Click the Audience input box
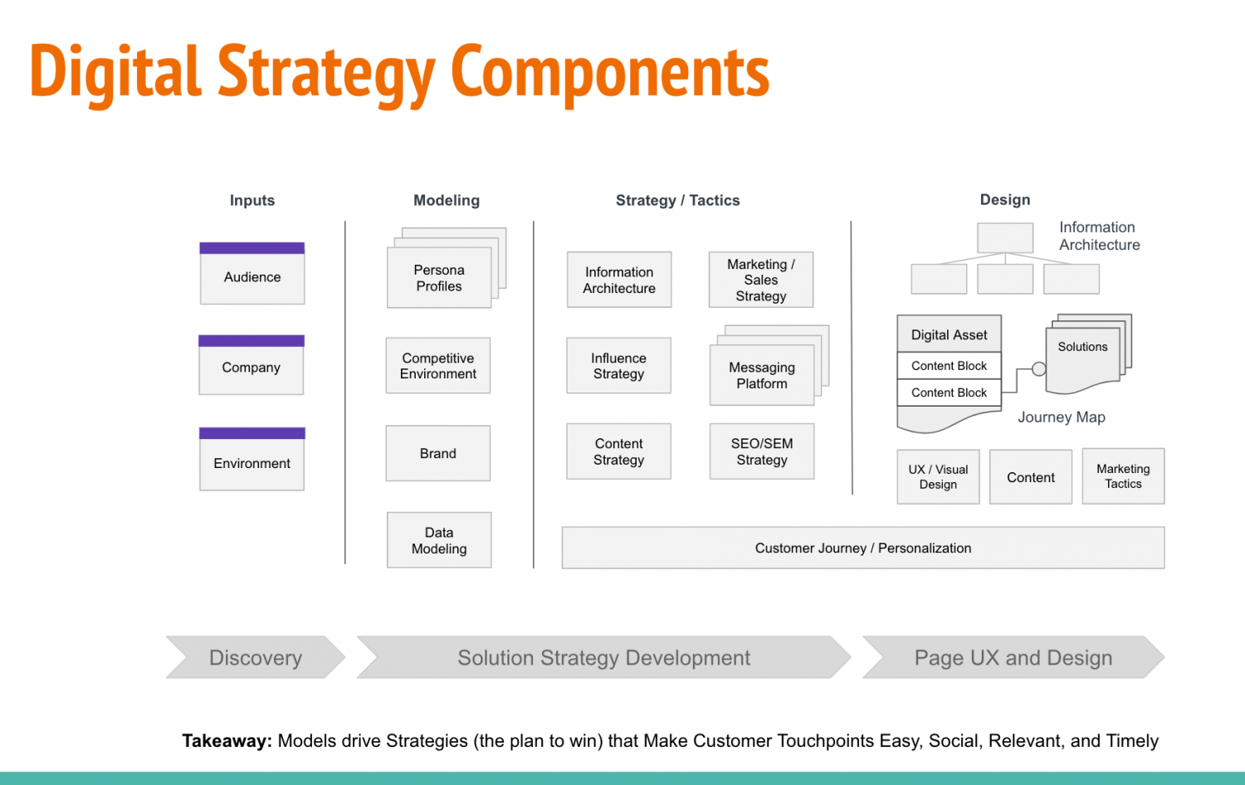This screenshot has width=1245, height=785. (252, 277)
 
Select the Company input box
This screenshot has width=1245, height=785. (251, 368)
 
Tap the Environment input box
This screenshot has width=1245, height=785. (252, 463)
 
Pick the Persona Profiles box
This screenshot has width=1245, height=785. (439, 279)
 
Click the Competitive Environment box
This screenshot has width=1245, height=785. (438, 366)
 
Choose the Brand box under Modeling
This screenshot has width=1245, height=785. (438, 454)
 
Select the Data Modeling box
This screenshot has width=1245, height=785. (439, 541)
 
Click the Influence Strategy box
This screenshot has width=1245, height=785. (619, 366)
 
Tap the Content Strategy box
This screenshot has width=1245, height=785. (619, 452)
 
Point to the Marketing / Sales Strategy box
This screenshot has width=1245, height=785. (761, 280)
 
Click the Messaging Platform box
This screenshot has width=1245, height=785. (762, 376)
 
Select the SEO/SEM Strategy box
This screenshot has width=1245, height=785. (762, 452)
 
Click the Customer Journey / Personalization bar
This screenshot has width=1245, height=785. (863, 549)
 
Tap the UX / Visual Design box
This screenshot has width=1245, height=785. (939, 477)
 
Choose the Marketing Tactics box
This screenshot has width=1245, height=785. (1124, 477)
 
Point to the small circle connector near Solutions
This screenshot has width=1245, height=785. (1039, 369)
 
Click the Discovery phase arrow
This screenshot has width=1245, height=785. (256, 658)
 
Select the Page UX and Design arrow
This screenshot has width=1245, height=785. (1013, 658)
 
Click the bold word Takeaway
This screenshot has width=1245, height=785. (227, 741)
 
